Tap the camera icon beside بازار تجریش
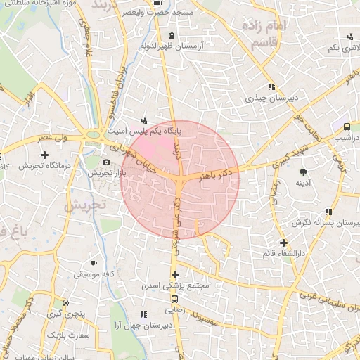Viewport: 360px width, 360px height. (107, 162)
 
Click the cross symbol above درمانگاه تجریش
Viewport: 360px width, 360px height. (45, 155)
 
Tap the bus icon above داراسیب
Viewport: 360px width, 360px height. (347, 127)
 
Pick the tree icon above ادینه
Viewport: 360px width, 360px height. (304, 172)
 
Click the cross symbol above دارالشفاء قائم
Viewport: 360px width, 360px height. (283, 243)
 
